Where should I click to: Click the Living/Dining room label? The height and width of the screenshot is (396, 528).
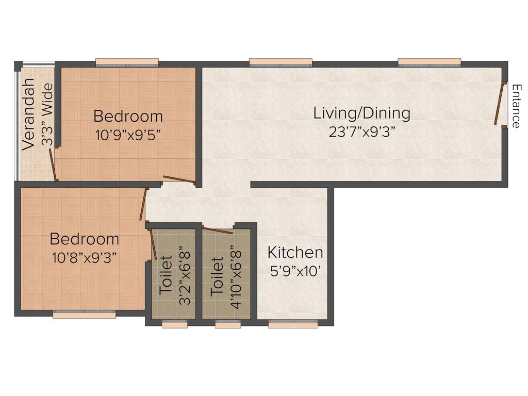pos(361,113)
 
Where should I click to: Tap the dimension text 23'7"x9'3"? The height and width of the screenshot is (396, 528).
pos(361,132)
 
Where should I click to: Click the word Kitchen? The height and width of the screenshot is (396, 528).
pos(295,253)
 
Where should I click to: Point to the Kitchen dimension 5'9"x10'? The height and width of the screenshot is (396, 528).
pos(295,271)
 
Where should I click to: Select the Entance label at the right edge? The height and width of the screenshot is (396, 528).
pos(516,106)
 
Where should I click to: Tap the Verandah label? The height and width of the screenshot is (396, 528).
pos(29,114)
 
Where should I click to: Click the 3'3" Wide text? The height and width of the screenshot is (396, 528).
pos(47,117)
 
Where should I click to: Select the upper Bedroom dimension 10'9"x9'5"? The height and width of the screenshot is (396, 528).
pos(128,135)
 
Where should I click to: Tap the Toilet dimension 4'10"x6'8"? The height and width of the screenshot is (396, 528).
pos(236,276)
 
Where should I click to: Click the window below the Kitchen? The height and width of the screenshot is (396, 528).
pos(293,325)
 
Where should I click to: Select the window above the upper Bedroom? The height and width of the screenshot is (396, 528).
pos(127,63)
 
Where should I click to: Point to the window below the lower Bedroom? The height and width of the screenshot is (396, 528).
pos(84,315)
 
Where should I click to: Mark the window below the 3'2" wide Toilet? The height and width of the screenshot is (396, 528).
pos(174,325)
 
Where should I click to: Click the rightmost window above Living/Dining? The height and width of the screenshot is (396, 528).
pos(429,63)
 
